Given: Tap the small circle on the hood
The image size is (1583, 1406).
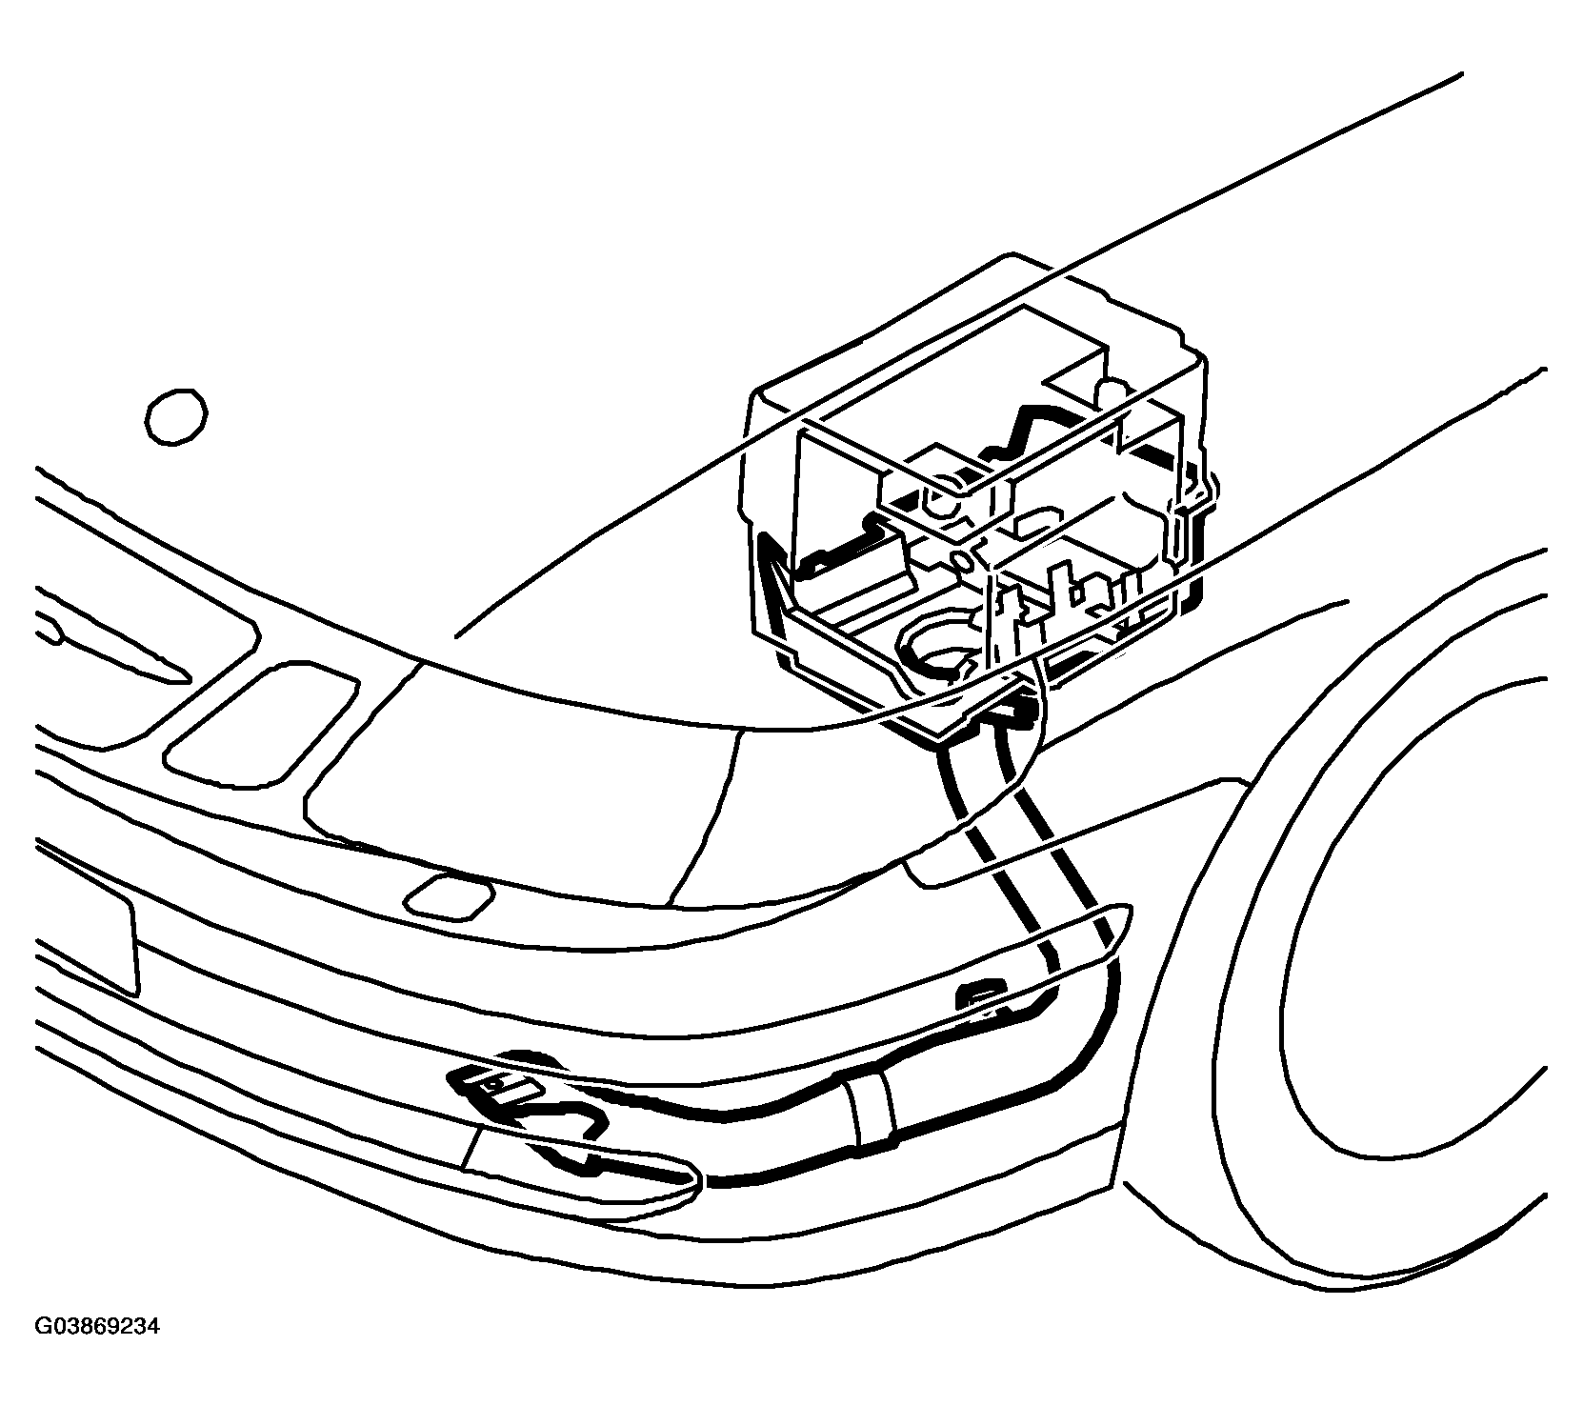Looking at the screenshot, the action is tap(177, 416).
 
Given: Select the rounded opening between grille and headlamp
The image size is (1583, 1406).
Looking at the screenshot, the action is tap(261, 718).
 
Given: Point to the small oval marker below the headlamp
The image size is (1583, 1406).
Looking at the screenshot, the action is tap(449, 896).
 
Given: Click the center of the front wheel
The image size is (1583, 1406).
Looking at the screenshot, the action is tap(1429, 905).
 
